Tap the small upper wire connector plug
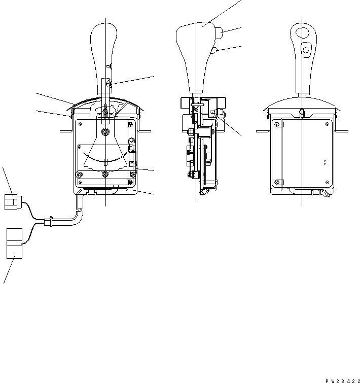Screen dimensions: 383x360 (12, 201)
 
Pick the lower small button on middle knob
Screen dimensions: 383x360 (215, 50)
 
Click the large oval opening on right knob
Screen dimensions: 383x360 (302, 32)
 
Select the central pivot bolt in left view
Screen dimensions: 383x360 (105, 132)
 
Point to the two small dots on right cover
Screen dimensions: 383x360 (325, 163)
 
